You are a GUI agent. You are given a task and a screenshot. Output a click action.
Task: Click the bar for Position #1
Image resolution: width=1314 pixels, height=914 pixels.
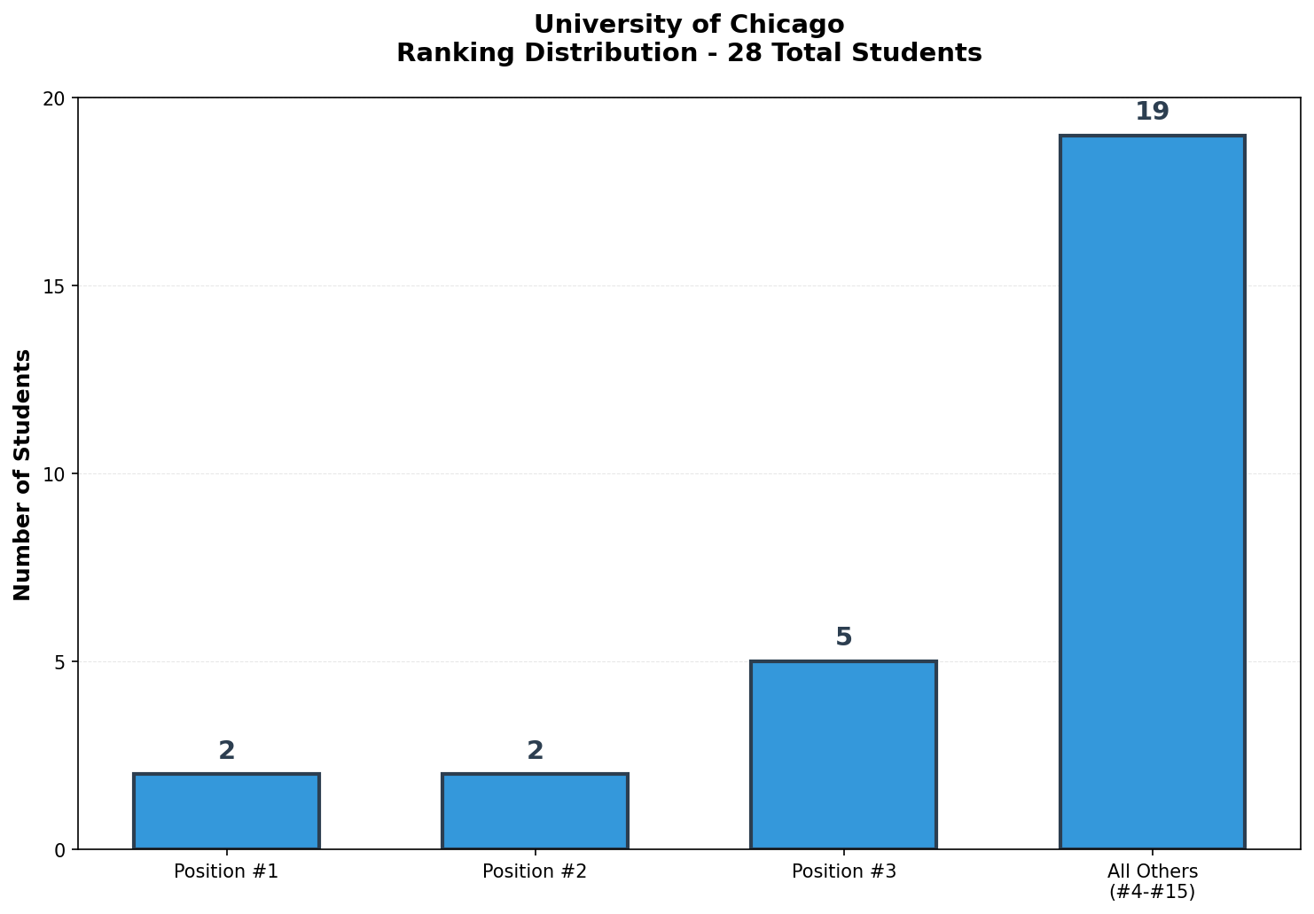coord(226,811)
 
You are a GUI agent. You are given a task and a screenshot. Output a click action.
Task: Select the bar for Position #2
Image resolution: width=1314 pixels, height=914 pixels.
coord(535,811)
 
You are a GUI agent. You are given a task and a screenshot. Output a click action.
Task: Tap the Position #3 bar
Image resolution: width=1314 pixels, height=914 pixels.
coord(843,755)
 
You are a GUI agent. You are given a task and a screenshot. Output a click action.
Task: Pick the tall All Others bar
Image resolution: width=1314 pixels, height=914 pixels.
coord(1152,493)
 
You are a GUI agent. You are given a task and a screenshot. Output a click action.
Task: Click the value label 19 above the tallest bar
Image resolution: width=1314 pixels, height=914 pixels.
coord(1152,112)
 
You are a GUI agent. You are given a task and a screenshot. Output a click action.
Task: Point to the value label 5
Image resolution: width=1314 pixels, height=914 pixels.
coord(843,637)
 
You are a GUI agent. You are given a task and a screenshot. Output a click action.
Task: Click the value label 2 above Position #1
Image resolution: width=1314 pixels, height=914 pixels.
coord(226,751)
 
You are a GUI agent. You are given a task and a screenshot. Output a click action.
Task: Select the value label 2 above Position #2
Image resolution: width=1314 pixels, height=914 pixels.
coord(535,751)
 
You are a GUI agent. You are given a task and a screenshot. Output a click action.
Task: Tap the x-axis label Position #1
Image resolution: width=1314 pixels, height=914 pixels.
coord(226,871)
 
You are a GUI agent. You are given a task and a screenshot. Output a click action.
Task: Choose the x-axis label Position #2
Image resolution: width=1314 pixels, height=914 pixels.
coord(535,871)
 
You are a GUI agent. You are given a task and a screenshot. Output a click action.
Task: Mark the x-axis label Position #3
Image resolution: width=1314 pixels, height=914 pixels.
coord(843,871)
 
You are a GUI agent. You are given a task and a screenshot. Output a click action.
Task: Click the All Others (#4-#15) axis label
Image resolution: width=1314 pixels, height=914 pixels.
coord(1152,881)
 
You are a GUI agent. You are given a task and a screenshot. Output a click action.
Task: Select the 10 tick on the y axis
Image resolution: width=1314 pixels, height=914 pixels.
coord(57,473)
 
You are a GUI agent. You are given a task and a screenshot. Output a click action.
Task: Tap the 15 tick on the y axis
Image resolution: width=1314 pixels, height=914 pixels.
coord(57,285)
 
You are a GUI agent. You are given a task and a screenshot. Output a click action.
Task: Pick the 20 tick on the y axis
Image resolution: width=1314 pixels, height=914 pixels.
coord(57,98)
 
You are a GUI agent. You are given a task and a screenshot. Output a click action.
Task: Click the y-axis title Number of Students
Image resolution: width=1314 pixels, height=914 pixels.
coord(23,474)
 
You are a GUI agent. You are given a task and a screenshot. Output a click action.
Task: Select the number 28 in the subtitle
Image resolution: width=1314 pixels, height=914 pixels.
coord(741,53)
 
